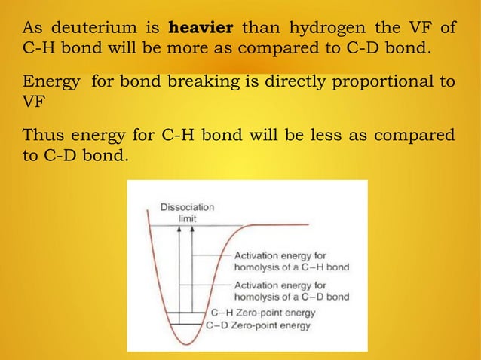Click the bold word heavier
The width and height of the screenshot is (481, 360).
(x=201, y=29)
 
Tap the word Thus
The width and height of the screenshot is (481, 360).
(x=42, y=136)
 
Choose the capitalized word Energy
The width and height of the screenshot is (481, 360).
(x=48, y=81)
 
